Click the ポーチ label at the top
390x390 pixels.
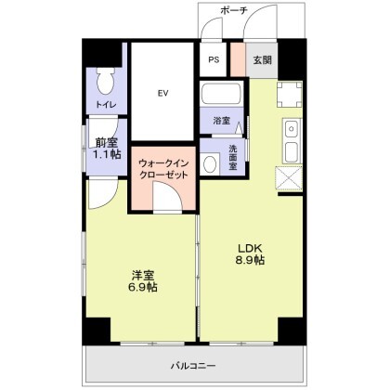click(233, 11)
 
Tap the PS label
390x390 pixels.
click(214, 60)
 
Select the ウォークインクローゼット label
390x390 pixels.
click(163, 169)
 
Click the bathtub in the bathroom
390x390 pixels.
click(221, 94)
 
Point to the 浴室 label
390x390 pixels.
click(221, 121)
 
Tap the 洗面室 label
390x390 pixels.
click(231, 159)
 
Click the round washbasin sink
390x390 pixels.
click(211, 163)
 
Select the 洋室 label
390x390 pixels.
click(142, 274)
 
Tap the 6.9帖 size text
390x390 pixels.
click(142, 289)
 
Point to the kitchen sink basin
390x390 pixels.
click(289, 150)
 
